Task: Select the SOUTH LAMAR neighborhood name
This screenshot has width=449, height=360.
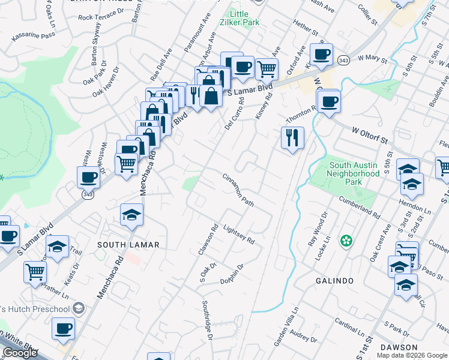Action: pyautogui.click(x=129, y=245)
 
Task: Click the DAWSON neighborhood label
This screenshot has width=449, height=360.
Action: pyautogui.click(x=399, y=347)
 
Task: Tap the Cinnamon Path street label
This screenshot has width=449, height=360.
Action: pyautogui.click(x=238, y=191)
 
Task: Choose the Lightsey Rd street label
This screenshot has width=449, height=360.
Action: pyautogui.click(x=239, y=234)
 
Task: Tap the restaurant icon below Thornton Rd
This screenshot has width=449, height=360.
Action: pyautogui.click(x=293, y=138)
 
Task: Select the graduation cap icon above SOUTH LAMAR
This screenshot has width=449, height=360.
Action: pyautogui.click(x=131, y=214)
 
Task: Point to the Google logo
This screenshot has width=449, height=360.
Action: pyautogui.click(x=20, y=353)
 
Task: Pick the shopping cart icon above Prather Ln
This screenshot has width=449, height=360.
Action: pyautogui.click(x=35, y=271)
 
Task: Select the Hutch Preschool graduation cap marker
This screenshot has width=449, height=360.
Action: pyautogui.click(x=78, y=308)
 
